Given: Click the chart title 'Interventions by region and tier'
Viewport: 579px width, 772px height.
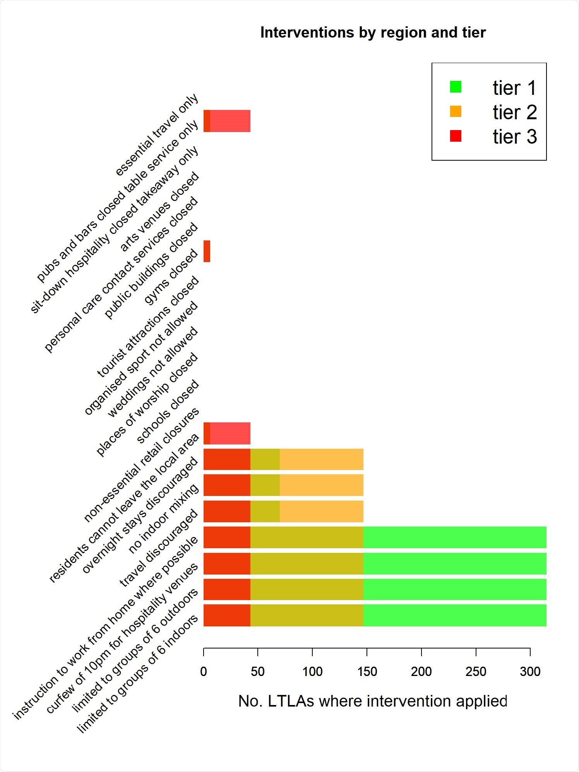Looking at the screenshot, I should pyautogui.click(x=373, y=33).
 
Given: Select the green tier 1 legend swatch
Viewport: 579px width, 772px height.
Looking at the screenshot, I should pyautogui.click(x=456, y=87).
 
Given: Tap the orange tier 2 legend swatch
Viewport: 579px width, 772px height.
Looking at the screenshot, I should pyautogui.click(x=456, y=112).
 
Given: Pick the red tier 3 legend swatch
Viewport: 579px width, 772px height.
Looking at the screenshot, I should pyautogui.click(x=456, y=136).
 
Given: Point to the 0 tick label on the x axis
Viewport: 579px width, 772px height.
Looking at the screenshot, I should pyautogui.click(x=204, y=671).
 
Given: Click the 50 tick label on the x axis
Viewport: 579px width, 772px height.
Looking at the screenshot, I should pyautogui.click(x=258, y=671).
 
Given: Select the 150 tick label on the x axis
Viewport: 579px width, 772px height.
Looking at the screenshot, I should pyautogui.click(x=367, y=671).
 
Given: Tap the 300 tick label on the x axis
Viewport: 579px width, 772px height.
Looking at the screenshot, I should pyautogui.click(x=530, y=671).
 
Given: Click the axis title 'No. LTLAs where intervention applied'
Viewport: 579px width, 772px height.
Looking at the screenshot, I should pyautogui.click(x=373, y=701).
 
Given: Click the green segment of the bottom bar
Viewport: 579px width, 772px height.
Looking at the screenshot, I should pyautogui.click(x=455, y=615).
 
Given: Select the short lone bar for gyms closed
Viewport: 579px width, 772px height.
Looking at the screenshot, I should pyautogui.click(x=207, y=251).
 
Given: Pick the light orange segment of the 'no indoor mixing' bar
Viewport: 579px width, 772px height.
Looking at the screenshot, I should pyautogui.click(x=321, y=511).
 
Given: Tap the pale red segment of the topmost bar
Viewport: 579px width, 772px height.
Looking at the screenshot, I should pyautogui.click(x=230, y=121).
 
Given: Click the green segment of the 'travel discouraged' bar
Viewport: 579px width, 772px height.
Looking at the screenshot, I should pyautogui.click(x=455, y=537).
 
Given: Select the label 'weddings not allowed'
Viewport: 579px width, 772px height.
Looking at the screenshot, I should pyautogui.click(x=153, y=372).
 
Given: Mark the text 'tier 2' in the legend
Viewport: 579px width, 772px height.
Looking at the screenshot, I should pyautogui.click(x=514, y=112).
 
